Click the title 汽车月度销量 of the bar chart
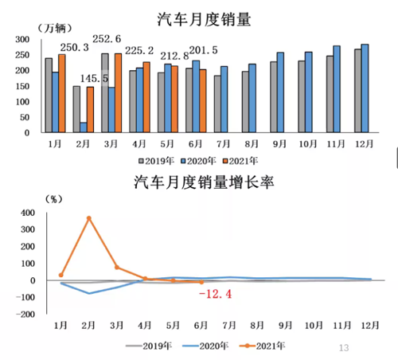[x=204, y=19]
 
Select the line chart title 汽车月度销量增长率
[x=204, y=182]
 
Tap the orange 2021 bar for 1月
[x=62, y=93]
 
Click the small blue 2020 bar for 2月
[x=84, y=127]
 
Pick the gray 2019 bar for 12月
[x=358, y=91]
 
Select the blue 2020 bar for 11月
[x=337, y=89]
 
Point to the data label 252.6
[x=107, y=39]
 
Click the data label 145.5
[x=94, y=78]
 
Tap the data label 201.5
[x=204, y=50]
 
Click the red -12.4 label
[x=215, y=294]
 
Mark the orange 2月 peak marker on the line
[x=89, y=218]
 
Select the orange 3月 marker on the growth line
[x=117, y=267]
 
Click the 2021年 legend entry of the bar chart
[x=240, y=161]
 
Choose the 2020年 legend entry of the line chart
[x=205, y=346]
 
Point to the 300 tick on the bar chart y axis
[x=22, y=39]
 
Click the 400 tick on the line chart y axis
[x=28, y=213]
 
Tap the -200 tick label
[x=25, y=315]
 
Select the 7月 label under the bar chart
[x=224, y=144]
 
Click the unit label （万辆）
[x=55, y=28]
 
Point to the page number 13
[x=344, y=348]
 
